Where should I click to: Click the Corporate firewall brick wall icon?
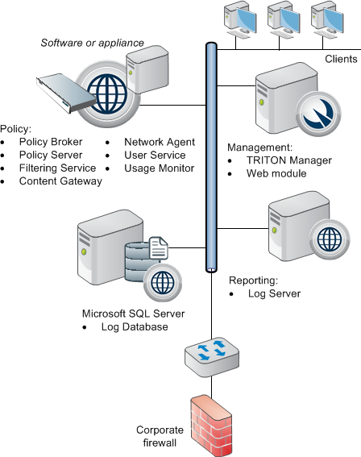pos(211,426)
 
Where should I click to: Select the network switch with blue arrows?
pos(212,357)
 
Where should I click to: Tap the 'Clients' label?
pos(341,59)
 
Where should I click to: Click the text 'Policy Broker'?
pos(51,142)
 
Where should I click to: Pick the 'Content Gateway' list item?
pos(60,181)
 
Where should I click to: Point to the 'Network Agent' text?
pos(160,142)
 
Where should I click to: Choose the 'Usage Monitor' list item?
pos(159,168)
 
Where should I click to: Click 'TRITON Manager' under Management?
pos(289,160)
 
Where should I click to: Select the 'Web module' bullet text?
pos(276,173)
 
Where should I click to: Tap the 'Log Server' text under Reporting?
pos(274,293)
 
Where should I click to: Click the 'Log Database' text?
pos(135,326)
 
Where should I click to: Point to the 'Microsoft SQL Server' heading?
pos(134,314)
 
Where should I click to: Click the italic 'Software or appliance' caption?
pos(93,43)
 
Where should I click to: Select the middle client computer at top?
pos(283,19)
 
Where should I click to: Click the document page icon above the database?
pos(159,248)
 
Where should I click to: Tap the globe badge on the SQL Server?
pos(163,283)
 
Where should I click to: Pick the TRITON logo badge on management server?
pos(318,114)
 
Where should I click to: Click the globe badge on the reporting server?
pos(330,239)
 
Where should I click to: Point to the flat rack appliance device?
pos(66,93)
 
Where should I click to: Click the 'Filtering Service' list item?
pos(58,168)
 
